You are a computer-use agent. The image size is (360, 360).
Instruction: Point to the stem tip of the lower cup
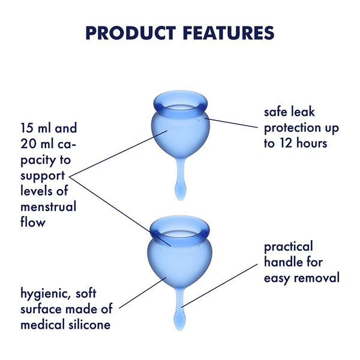pos(179,318)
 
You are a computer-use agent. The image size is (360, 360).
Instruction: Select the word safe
pos(277,113)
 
